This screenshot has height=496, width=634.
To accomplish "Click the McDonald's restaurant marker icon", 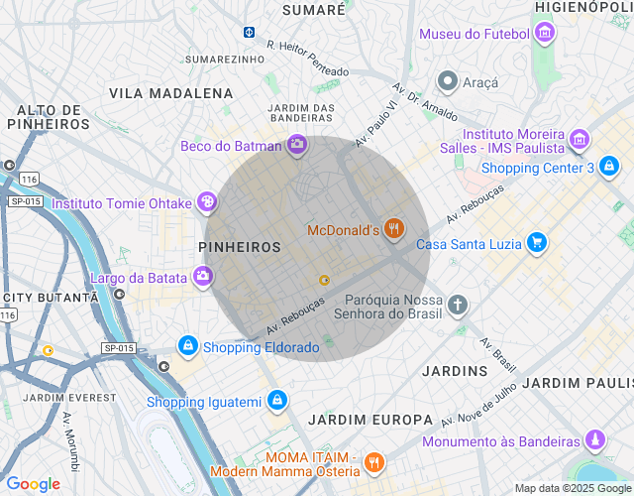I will point(394,230).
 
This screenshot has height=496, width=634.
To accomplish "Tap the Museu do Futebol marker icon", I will point(543,35).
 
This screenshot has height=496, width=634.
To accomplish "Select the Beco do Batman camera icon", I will point(296,146).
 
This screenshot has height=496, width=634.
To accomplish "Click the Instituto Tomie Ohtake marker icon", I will point(206,203).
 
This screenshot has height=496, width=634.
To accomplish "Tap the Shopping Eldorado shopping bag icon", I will point(187,346).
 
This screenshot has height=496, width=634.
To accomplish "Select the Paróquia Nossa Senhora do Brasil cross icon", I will point(457,305).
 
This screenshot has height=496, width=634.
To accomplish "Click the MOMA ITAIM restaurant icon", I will point(373,462).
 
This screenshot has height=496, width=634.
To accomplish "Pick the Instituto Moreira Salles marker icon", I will point(580,141).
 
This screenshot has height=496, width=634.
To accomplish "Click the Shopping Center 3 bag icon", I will point(611,167).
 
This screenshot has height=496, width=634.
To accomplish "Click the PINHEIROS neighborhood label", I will point(241,245).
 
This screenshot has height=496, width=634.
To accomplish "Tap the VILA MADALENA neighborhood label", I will point(170,93).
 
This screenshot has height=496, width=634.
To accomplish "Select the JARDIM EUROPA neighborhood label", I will point(370,420).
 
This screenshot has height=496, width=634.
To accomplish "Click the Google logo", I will point(33,484).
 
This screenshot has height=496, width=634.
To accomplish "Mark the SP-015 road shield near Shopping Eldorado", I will point(118,348).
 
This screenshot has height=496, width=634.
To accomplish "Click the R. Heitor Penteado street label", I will point(308,58).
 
